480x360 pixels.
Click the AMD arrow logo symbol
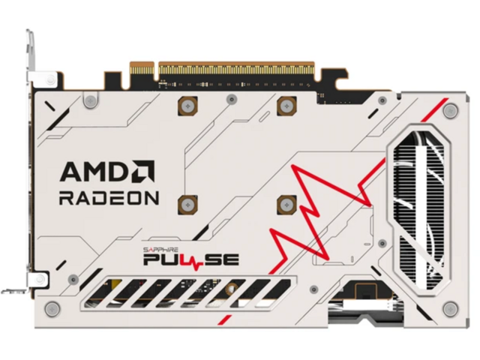coord(143,172)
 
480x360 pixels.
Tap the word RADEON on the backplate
coord(109,198)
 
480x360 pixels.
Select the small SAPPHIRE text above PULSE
coord(160,250)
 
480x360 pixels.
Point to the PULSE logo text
coord(191,260)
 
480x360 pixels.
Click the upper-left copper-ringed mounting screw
coord(187,106)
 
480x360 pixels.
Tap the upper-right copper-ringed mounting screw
coord(286,106)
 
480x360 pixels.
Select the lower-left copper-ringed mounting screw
coord(187,205)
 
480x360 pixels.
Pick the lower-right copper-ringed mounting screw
coord(286,205)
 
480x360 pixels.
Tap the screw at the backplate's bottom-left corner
coord(52,308)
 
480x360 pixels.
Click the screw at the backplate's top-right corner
coord(451,110)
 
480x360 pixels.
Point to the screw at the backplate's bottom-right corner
coord(451,309)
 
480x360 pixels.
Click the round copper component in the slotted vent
coord(232,287)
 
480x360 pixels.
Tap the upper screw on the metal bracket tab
coord(50,80)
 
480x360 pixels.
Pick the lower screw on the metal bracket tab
coord(40,279)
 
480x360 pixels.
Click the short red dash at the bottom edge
coord(224,319)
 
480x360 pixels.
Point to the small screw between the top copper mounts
coord(232,99)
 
